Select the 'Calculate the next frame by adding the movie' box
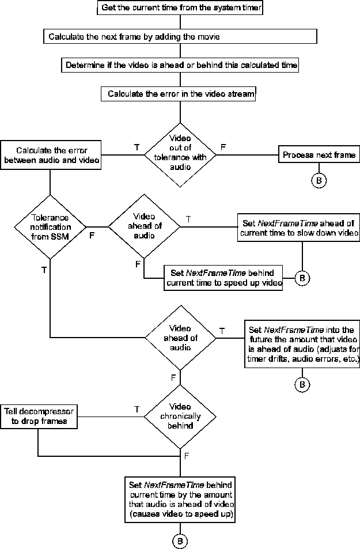(x=180, y=36)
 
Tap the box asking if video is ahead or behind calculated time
(x=180, y=65)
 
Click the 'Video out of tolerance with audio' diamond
(x=180, y=154)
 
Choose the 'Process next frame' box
(x=319, y=155)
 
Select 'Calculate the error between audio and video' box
(x=51, y=154)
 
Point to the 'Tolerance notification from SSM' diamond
(x=50, y=226)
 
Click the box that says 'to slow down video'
(x=298, y=228)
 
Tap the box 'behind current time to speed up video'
(x=225, y=278)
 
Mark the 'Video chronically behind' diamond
(x=180, y=417)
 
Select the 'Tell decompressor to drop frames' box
(x=39, y=416)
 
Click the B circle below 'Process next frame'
(x=319, y=180)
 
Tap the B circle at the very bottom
(x=180, y=541)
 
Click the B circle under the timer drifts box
(x=302, y=383)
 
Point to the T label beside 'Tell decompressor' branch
(x=137, y=409)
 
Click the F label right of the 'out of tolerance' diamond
(x=223, y=147)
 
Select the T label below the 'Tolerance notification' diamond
(x=44, y=270)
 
